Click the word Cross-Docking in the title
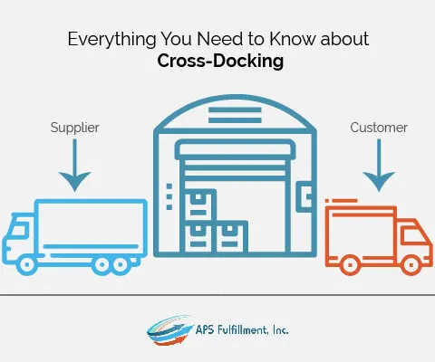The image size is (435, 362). (x=220, y=61)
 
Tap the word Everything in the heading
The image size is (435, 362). (x=111, y=39)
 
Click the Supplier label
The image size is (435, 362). (x=74, y=128)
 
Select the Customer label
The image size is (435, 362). (x=379, y=128)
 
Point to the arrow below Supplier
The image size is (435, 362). (x=74, y=166)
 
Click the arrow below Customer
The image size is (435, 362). (x=379, y=166)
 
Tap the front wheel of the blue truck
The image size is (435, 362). (x=27, y=265)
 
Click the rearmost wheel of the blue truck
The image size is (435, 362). (x=121, y=265)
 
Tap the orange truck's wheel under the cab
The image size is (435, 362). (x=411, y=265)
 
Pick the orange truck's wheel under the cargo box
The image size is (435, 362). (x=350, y=265)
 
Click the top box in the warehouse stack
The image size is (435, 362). (x=198, y=205)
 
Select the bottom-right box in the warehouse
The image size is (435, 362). (x=231, y=236)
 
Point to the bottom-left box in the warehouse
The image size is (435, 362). (x=198, y=236)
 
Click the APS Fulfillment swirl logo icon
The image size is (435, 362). (x=169, y=331)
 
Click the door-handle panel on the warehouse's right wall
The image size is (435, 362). (x=304, y=197)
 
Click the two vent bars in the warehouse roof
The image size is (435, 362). (x=235, y=115)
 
